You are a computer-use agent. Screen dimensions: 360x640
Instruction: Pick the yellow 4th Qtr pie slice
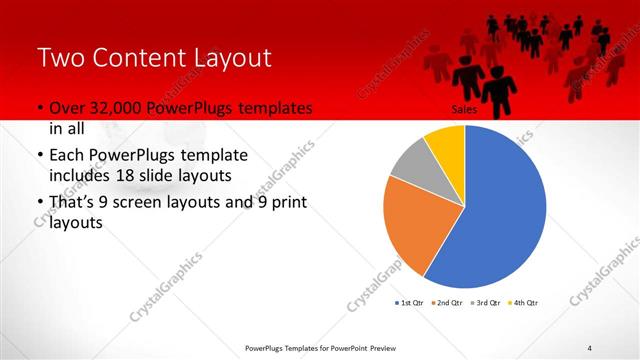coord(446,145)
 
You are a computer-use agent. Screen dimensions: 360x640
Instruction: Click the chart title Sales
coord(463,110)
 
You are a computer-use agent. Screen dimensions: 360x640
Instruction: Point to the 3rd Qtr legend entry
coord(488,302)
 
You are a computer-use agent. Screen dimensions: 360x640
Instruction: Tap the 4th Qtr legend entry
coord(525,302)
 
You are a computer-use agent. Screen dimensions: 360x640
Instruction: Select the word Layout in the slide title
coord(232,57)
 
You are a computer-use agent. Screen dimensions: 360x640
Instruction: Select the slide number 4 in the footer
coord(590,347)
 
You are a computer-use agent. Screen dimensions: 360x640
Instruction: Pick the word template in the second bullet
coord(212,157)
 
